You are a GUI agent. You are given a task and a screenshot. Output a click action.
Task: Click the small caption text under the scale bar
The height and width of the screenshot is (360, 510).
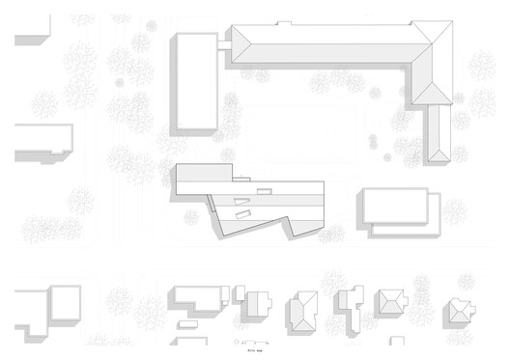(x=253, y=351)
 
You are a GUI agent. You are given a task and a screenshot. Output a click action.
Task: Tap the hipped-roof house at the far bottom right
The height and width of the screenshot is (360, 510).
(x=458, y=310)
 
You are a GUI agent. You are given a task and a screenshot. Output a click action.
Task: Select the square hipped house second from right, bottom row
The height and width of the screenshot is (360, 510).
(x=392, y=301)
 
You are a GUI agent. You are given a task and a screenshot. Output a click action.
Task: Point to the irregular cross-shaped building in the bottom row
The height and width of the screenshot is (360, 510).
(x=348, y=308)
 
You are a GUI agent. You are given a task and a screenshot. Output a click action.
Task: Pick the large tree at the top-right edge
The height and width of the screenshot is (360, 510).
(x=480, y=68)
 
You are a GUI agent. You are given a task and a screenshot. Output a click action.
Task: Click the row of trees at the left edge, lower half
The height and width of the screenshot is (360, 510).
(x=48, y=230)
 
